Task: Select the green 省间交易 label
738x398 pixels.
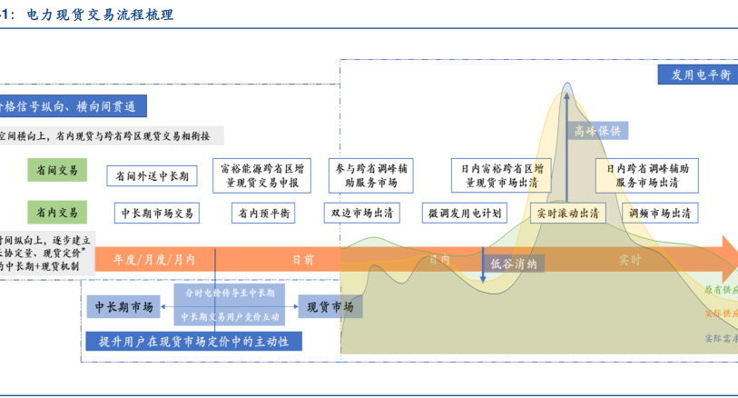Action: point(57,170)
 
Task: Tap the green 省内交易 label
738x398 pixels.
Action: point(57,212)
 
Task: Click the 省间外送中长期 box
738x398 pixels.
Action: point(153,175)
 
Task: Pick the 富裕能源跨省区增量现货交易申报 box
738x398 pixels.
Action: point(262,175)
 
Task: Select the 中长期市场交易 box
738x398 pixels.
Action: point(158,214)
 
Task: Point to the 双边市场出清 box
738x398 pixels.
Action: point(363,214)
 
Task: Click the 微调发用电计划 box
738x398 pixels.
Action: point(465,214)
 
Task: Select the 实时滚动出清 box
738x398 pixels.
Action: point(567,214)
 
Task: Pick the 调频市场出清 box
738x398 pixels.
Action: point(660,214)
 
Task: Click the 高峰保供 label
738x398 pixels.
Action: point(597,131)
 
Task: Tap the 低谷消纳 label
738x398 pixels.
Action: point(513,264)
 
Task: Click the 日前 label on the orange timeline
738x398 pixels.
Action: point(302,259)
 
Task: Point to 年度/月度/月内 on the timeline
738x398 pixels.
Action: point(153,259)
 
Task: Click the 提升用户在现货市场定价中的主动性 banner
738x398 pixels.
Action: point(192,342)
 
